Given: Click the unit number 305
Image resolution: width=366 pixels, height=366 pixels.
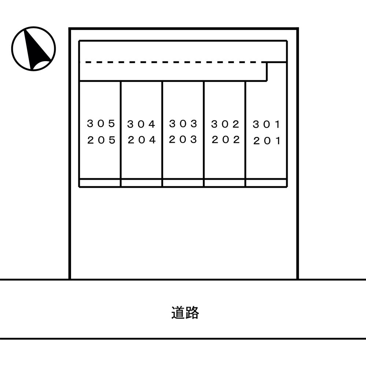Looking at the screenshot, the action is click(101, 124).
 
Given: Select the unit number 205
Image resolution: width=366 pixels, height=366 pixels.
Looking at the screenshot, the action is click(101, 140).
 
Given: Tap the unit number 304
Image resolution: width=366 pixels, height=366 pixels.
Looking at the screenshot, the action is click(141, 124).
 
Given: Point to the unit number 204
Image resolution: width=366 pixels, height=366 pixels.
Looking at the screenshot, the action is click(142, 140).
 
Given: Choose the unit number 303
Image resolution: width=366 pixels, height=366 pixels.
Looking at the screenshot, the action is click(183, 124).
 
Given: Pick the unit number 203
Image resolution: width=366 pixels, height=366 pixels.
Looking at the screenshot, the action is click(183, 139).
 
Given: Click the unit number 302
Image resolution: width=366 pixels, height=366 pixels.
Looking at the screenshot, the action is click(225, 124).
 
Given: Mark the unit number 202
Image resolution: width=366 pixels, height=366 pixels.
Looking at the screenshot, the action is click(225, 140).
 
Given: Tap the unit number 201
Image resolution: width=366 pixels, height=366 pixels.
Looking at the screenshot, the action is click(267, 141).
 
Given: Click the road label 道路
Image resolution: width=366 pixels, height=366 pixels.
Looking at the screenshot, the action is click(185, 313).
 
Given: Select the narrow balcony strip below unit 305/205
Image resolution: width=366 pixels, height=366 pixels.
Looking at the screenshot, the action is click(100, 183).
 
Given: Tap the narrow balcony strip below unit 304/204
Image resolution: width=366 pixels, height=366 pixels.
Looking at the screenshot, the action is click(141, 183).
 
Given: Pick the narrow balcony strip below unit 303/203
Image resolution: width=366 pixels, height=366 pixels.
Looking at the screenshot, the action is click(183, 183).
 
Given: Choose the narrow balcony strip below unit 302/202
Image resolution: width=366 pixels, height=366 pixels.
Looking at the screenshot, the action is click(225, 183).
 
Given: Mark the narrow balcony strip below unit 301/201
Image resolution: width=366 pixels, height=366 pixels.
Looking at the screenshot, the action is click(266, 183).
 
